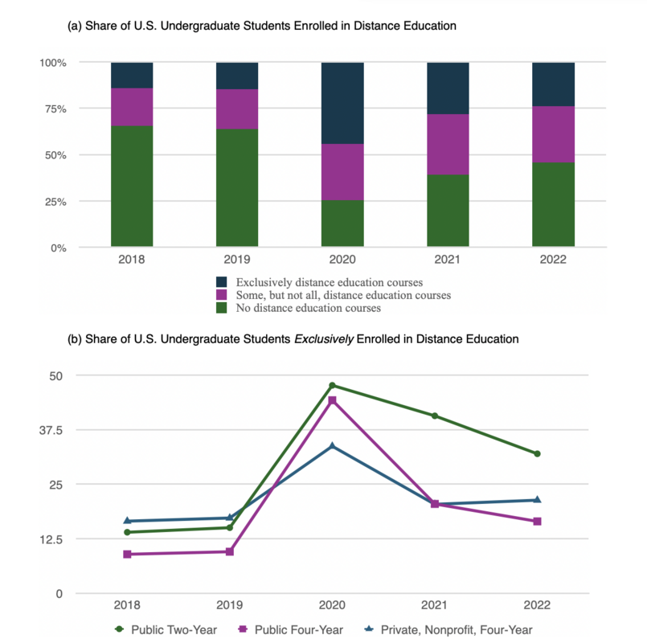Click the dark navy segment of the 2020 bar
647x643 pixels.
[342, 103]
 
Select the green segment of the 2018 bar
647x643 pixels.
[132, 186]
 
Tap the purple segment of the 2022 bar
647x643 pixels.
[553, 134]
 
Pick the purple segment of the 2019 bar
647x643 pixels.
[237, 109]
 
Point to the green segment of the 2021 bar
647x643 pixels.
[448, 211]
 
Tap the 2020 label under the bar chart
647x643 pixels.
[342, 260]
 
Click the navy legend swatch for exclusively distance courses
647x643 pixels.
[222, 283]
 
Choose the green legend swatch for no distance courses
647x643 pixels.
[222, 308]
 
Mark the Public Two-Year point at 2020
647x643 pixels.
[332, 386]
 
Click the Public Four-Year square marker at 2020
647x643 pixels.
[332, 400]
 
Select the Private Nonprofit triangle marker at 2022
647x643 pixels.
[537, 500]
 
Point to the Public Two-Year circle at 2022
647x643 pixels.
[537, 454]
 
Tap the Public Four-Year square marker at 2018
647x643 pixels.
[127, 555]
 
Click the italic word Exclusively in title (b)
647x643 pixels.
[321, 339]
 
